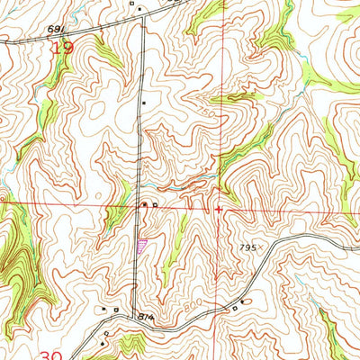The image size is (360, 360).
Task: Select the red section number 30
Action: (51, 355)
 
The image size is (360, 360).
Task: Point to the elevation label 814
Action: (147, 318)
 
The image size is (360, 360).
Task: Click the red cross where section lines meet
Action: (219, 210)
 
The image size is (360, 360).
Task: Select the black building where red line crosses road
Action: (144, 205)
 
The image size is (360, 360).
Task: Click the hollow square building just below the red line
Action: (154, 206)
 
